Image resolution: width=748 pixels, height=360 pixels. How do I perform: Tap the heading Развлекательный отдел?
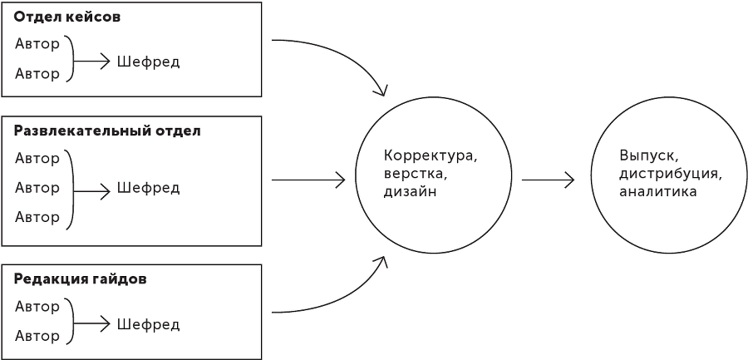click(x=107, y=131)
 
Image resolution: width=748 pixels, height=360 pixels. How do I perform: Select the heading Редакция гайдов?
click(x=80, y=279)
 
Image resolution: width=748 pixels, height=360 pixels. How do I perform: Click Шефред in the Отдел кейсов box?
click(x=148, y=62)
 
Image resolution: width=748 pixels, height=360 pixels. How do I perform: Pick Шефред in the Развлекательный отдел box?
click(x=148, y=188)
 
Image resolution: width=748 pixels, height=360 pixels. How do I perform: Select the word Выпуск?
click(x=648, y=155)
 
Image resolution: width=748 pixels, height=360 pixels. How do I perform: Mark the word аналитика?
click(x=657, y=192)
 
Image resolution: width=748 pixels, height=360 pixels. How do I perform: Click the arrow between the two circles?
click(x=549, y=180)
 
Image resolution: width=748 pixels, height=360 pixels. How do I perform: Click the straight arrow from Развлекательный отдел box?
click(x=308, y=180)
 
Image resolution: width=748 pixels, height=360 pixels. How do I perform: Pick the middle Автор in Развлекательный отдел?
click(x=37, y=188)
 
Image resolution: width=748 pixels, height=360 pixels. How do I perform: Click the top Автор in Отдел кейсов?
click(x=37, y=44)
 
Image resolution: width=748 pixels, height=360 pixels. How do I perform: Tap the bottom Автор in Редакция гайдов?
click(x=37, y=337)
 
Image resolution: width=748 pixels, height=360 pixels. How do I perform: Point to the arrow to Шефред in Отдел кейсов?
click(x=92, y=62)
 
